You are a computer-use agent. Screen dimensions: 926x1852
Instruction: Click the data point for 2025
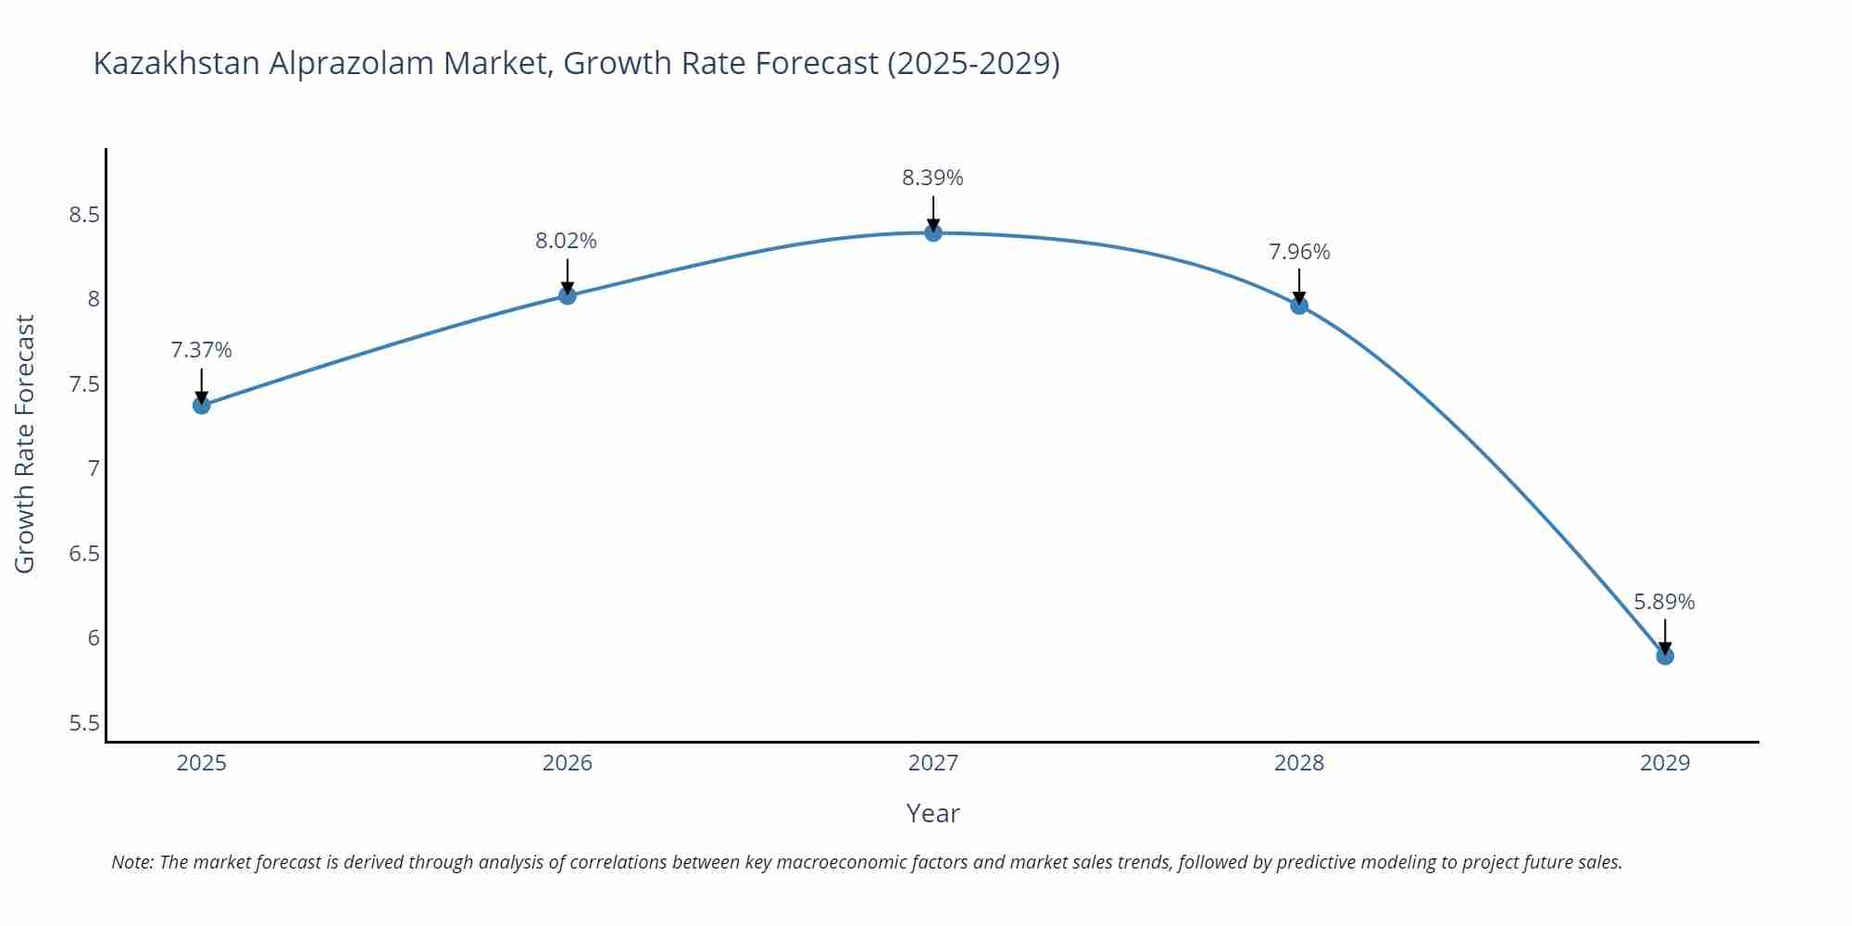[x=202, y=405]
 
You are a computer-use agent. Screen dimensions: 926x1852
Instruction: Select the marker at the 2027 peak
[x=933, y=232]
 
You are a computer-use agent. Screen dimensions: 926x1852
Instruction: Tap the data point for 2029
[x=1665, y=656]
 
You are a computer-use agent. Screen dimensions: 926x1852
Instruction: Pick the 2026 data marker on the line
[x=568, y=295]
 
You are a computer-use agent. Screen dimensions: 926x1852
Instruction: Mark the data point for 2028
[x=1299, y=305]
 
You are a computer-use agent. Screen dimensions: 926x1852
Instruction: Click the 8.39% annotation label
[x=932, y=178]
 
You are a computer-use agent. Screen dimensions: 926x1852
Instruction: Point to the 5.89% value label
[x=1664, y=602]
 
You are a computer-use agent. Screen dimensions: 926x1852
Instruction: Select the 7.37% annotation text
[x=201, y=350]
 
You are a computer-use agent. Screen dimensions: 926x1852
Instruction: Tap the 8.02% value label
[x=566, y=241]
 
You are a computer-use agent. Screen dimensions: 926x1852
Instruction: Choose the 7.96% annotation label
[x=1299, y=252]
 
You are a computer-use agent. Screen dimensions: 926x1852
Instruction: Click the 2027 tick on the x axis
[x=932, y=763]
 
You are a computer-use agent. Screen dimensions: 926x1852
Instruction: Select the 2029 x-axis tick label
[x=1664, y=763]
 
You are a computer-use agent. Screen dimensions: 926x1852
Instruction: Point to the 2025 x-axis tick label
[x=201, y=763]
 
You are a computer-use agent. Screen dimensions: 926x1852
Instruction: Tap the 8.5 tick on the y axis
[x=83, y=216]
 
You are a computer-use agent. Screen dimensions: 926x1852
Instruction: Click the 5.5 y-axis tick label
[x=83, y=723]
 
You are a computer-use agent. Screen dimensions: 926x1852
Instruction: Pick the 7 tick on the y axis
[x=94, y=469]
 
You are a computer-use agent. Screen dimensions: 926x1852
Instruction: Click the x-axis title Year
[x=932, y=813]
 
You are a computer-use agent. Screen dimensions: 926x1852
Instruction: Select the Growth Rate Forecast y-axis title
[x=25, y=444]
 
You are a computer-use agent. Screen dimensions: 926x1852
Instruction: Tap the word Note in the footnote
[x=131, y=862]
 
